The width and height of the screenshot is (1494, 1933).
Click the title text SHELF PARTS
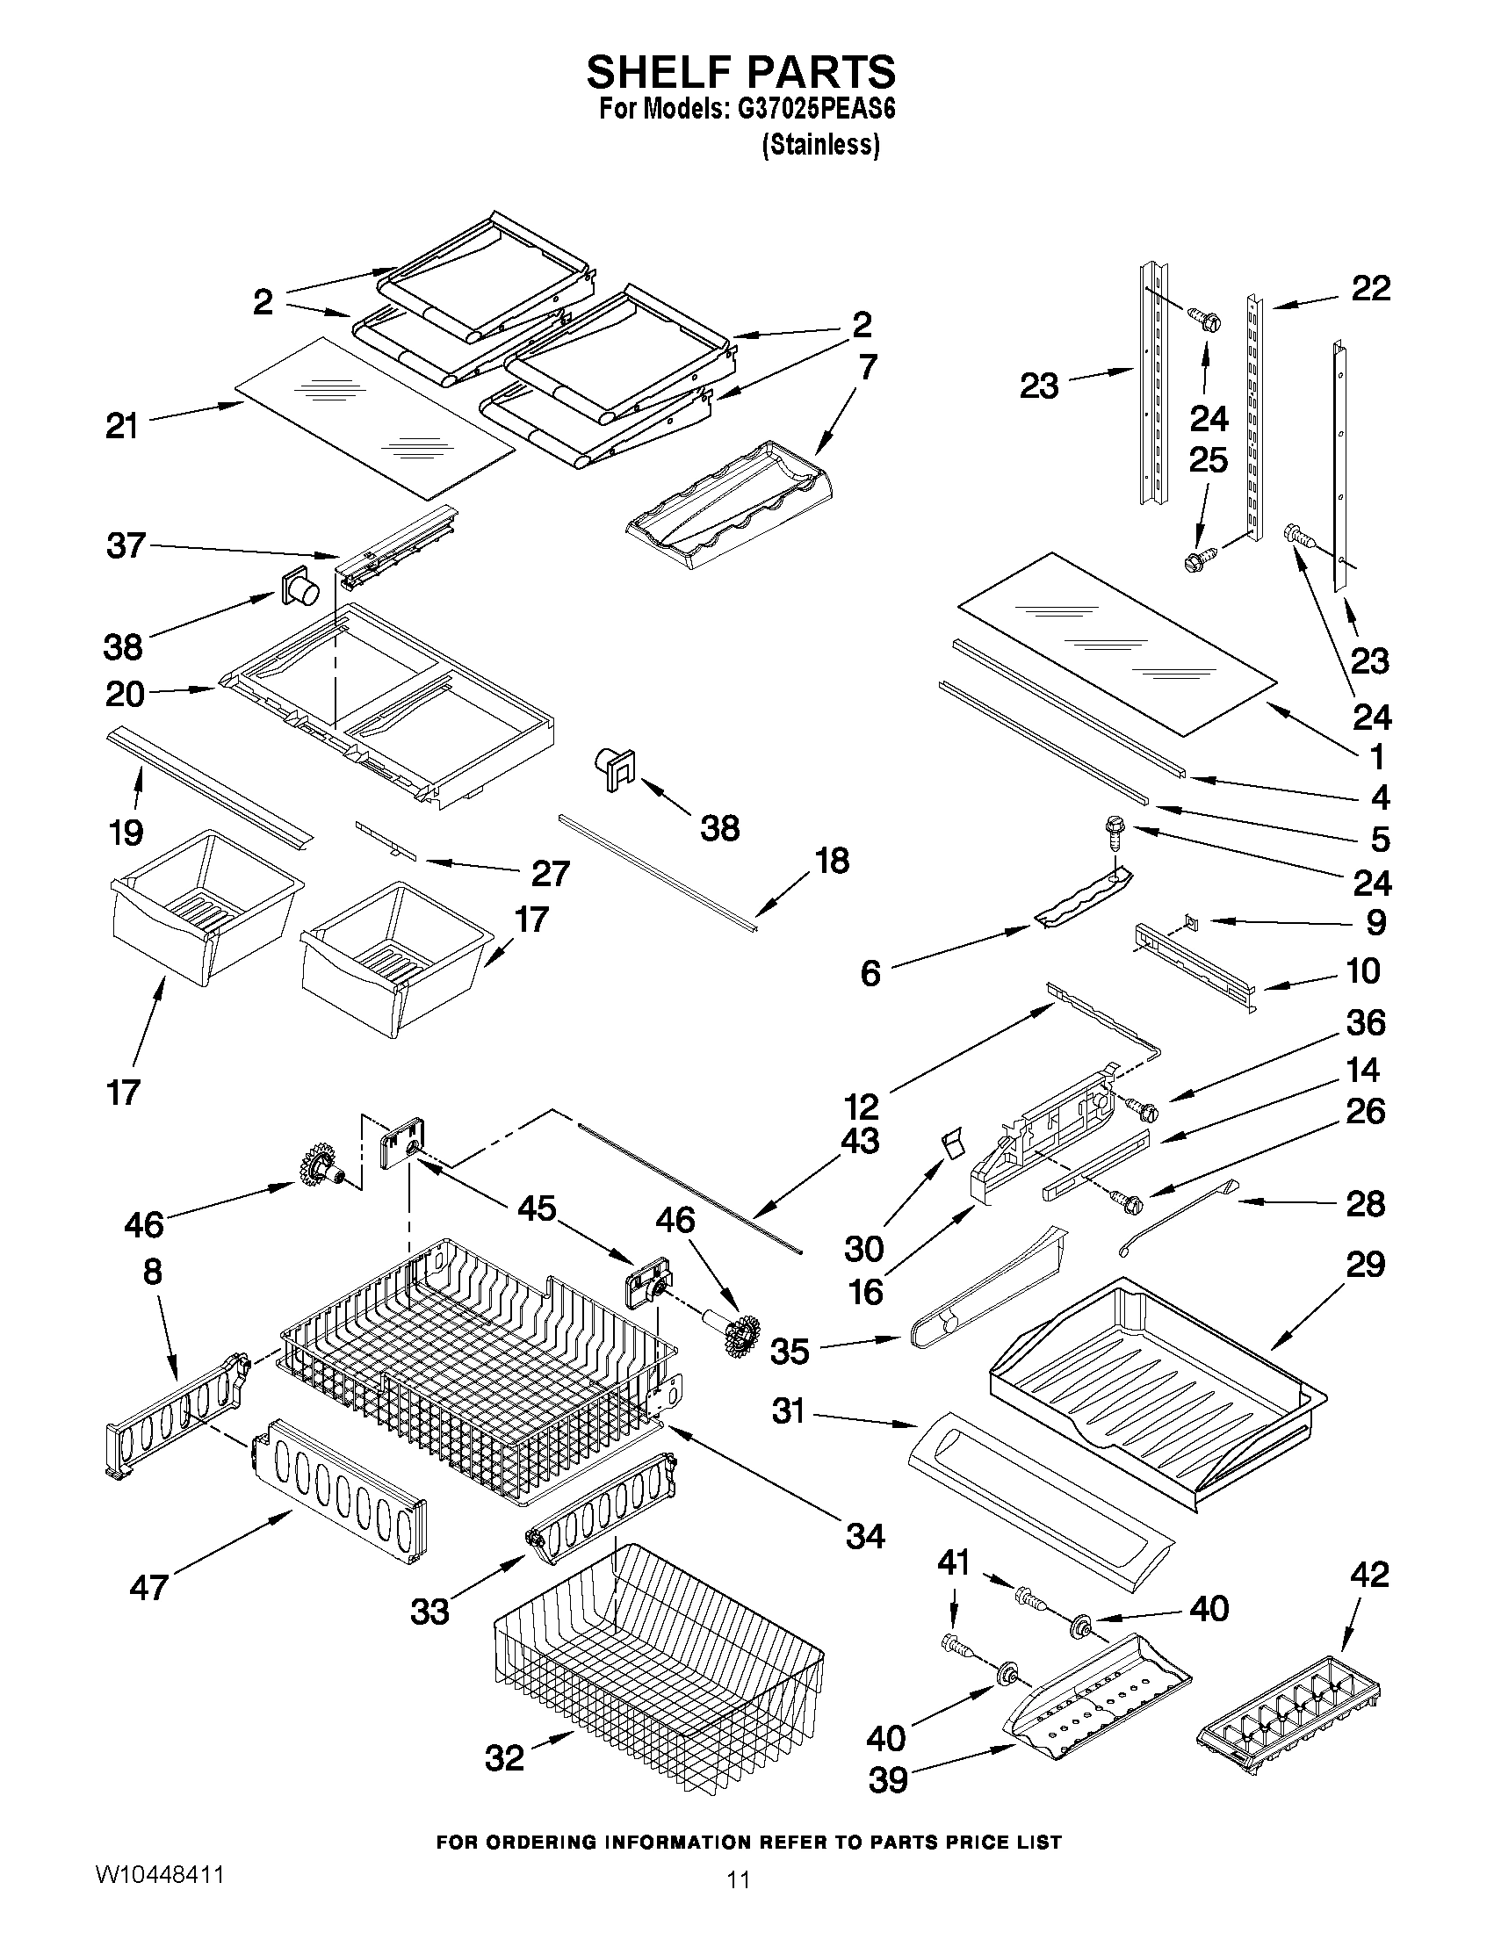coord(740,72)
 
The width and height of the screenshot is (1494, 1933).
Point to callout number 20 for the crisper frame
coord(125,694)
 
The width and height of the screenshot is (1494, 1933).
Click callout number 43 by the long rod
coord(859,1140)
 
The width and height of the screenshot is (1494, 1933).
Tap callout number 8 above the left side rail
coord(152,1272)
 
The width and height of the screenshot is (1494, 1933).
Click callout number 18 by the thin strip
coord(832,860)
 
